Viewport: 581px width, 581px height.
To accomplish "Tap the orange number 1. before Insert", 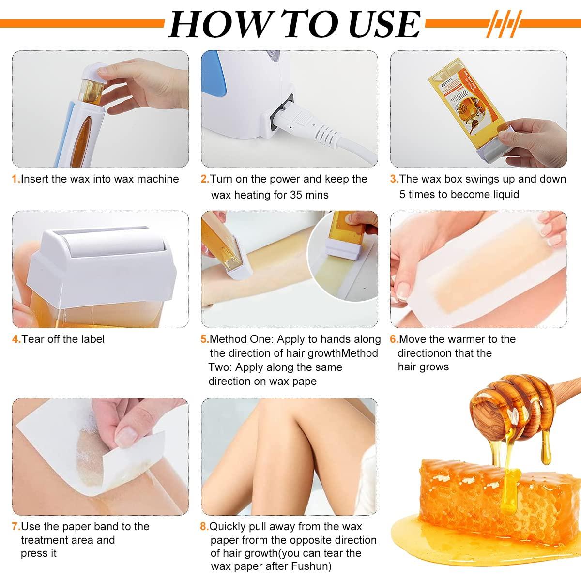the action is click(15, 179).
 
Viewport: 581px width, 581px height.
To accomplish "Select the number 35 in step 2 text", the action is click(296, 195).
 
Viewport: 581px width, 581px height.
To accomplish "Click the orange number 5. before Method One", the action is click(205, 339).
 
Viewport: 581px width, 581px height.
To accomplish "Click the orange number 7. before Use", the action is click(15, 526).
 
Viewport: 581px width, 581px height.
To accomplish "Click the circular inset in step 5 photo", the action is click(342, 256).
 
